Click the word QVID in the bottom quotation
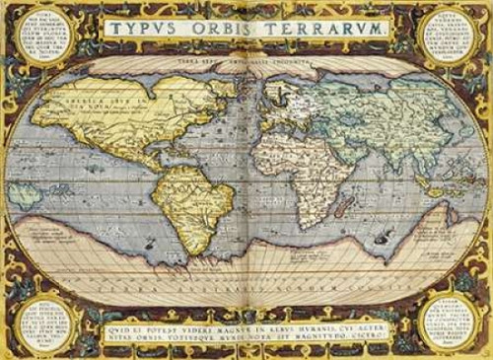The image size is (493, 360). click(113, 318)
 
